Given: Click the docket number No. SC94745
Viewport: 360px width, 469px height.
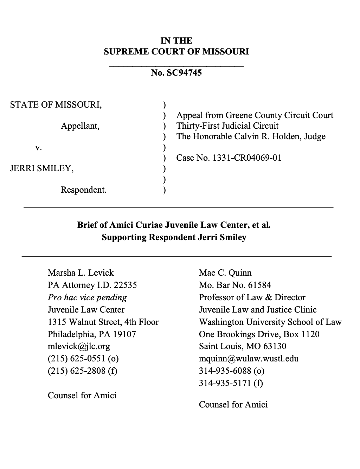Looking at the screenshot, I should [176, 73].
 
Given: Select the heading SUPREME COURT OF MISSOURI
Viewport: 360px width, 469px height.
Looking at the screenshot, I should [176, 52].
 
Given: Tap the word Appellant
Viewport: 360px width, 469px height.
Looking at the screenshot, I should [80, 126].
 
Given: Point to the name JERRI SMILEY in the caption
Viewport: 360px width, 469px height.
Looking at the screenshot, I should [42, 168].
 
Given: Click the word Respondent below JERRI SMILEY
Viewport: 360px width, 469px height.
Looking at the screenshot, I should [83, 190].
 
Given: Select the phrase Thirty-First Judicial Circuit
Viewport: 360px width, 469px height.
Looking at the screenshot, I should [227, 126].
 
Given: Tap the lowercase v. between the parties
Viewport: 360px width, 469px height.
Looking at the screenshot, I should [39, 147].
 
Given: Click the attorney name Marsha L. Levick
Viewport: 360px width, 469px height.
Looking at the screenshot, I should [81, 273].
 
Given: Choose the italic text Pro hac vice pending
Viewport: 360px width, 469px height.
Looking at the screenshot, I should [87, 297].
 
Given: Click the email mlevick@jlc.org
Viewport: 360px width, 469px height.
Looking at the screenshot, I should [79, 346].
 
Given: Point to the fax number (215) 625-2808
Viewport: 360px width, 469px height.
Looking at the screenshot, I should [82, 371].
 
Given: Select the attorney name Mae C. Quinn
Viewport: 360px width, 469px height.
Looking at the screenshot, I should [225, 273].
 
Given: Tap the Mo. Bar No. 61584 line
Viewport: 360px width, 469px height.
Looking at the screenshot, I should [235, 285].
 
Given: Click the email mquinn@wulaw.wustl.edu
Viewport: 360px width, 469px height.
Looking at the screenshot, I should [249, 359].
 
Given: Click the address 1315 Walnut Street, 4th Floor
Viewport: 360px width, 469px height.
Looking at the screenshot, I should [103, 322].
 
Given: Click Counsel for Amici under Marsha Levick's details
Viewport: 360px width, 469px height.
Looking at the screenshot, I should [82, 396].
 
